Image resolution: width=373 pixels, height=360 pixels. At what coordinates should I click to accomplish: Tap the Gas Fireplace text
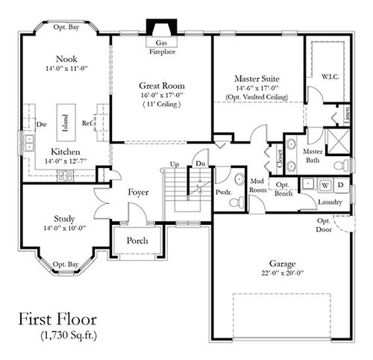[160, 48]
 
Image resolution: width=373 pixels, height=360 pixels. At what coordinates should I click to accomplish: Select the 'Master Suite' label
[257, 78]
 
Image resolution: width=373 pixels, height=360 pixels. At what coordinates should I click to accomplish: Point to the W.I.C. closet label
[331, 76]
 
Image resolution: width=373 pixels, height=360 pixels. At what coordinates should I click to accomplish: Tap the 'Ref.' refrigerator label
[87, 125]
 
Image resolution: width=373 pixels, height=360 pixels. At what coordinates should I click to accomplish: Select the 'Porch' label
[137, 240]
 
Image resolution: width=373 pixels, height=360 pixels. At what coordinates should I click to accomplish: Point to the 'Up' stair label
[175, 164]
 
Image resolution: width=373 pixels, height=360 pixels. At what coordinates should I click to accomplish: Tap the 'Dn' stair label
[199, 164]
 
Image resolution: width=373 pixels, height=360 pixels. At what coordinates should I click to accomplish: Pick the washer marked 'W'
[326, 184]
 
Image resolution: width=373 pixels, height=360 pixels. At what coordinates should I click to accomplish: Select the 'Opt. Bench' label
[283, 189]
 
